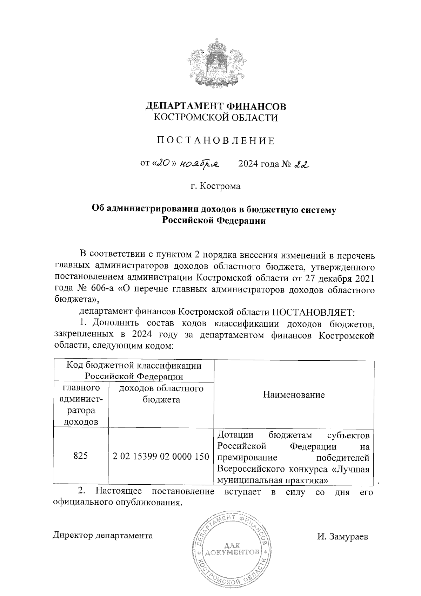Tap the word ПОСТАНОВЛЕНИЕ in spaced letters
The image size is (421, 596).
coord(216,141)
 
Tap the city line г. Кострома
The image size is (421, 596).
coord(216,186)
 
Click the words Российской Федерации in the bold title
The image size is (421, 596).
coord(214,221)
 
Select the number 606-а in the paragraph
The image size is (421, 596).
coord(100,290)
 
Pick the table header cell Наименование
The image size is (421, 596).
coord(294,395)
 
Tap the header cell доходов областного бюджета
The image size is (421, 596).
coord(161,394)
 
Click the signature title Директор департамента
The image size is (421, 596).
coord(103,536)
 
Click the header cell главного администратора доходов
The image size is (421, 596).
coord(81,405)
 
